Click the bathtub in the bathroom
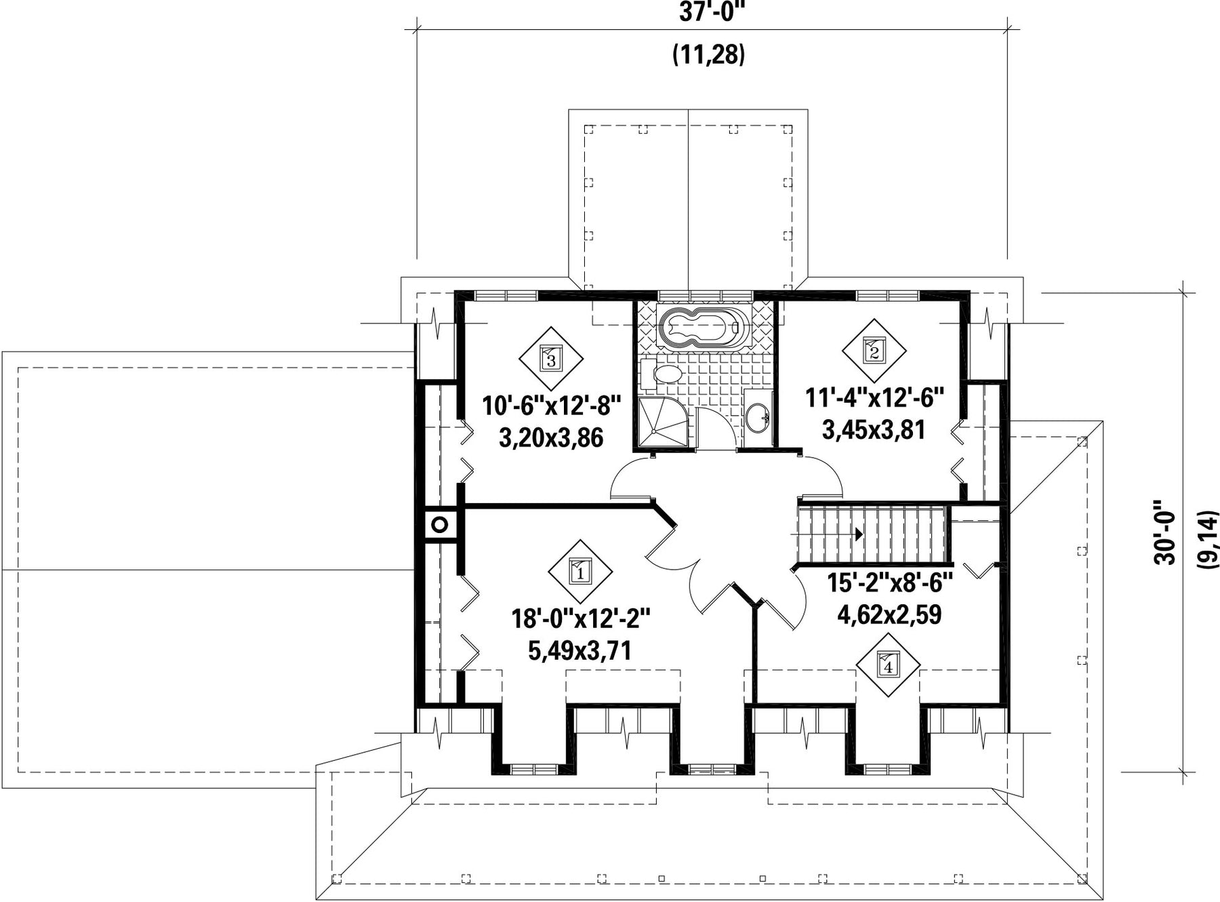704,328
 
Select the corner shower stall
662,421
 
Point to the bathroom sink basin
758,414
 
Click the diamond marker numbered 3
550,359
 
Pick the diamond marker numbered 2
874,351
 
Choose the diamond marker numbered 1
580,571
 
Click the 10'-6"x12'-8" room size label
551,407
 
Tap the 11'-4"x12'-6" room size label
874,397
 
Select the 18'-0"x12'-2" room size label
581,619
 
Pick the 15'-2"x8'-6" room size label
890,583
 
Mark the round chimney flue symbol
439,524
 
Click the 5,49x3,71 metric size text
580,651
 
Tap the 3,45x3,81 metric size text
874,429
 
